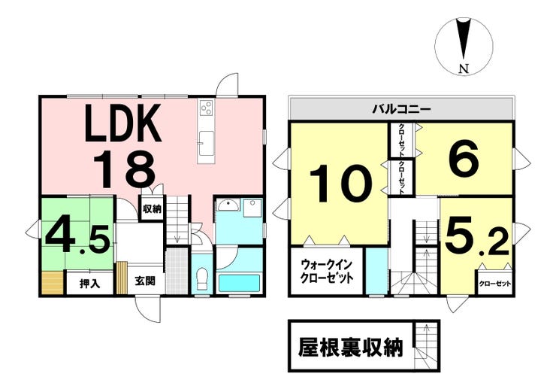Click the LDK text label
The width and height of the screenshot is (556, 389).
click(x=122, y=125)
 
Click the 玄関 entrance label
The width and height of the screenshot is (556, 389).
click(x=145, y=282)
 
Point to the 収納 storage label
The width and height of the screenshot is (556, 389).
click(x=151, y=208)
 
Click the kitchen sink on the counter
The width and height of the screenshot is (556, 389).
click(x=205, y=138)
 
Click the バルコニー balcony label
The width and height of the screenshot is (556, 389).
click(x=401, y=109)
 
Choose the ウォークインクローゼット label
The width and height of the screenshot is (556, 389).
click(x=327, y=271)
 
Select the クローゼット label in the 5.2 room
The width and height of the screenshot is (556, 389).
click(x=495, y=284)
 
